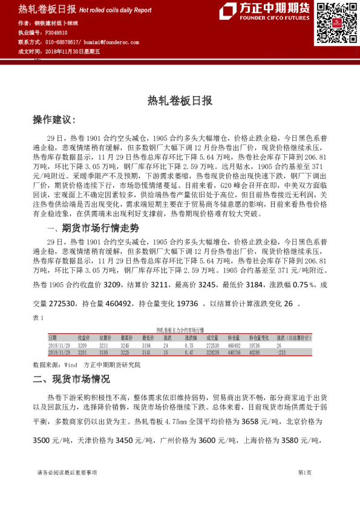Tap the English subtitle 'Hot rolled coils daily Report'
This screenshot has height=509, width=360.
(115, 10)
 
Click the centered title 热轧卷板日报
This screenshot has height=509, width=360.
(180, 101)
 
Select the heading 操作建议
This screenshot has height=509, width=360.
(54, 120)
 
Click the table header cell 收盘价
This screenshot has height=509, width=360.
(84, 338)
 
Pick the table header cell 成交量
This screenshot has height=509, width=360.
(212, 338)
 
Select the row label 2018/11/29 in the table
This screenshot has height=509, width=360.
(59, 345)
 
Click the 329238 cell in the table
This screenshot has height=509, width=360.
(213, 351)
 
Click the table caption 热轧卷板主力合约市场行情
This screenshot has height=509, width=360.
(180, 329)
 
